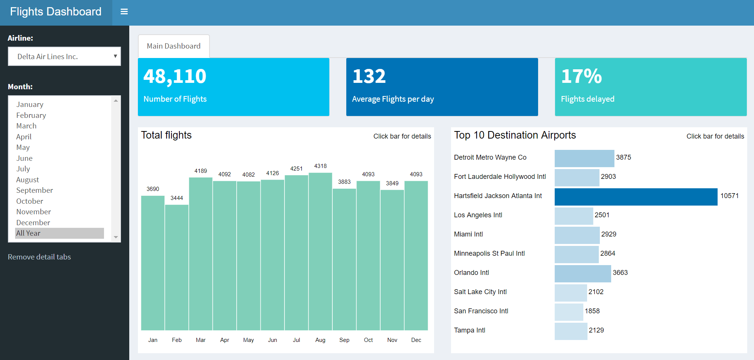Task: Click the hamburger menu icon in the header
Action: [124, 12]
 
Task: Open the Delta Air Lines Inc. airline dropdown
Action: [64, 56]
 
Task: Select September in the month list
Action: [34, 190]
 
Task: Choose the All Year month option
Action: [28, 233]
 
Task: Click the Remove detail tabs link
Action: [39, 257]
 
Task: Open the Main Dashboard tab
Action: [174, 46]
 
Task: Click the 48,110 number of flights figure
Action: [175, 76]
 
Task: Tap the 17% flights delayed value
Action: [581, 76]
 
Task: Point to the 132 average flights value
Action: [369, 76]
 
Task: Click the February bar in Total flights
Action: [177, 267]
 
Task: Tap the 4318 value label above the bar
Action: [320, 166]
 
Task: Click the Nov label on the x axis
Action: [392, 340]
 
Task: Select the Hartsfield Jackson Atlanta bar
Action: [636, 197]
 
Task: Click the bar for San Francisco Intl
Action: [569, 312]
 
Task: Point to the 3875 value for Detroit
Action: [623, 157]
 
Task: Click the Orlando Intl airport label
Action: [471, 273]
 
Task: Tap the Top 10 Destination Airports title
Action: [515, 135]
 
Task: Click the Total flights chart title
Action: [166, 135]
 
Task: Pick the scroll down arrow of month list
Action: [116, 237]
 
